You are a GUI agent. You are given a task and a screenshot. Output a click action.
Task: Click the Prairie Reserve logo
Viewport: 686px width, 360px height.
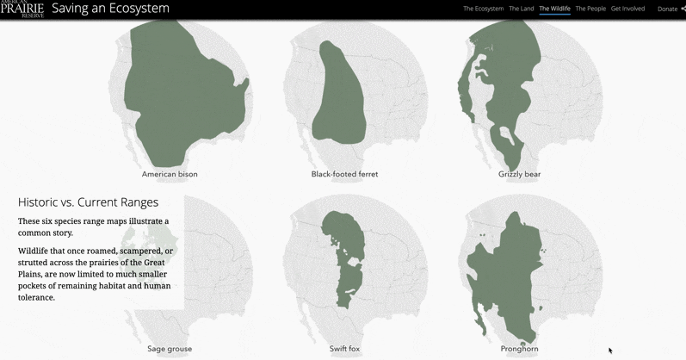pyautogui.click(x=22, y=9)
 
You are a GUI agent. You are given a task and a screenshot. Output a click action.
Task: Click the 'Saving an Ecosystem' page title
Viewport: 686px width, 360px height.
pyautogui.click(x=110, y=9)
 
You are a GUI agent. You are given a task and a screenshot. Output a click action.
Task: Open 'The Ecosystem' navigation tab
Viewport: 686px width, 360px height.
pyautogui.click(x=483, y=9)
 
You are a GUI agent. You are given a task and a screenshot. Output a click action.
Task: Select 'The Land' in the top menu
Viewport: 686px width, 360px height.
pyautogui.click(x=522, y=9)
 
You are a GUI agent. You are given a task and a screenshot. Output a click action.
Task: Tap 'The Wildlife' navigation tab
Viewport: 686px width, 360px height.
pyautogui.click(x=554, y=9)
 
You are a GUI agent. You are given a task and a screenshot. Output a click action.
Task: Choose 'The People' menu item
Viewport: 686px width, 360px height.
pyautogui.click(x=590, y=9)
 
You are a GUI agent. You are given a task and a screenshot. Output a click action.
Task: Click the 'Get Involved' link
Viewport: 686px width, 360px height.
pyautogui.click(x=627, y=9)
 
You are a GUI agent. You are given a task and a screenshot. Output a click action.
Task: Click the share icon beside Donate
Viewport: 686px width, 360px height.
pyautogui.click(x=683, y=9)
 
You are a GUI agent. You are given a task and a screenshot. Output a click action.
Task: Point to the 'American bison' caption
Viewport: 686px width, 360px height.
pyautogui.click(x=170, y=174)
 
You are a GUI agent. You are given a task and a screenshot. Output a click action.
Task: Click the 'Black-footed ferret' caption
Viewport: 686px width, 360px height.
pyautogui.click(x=344, y=174)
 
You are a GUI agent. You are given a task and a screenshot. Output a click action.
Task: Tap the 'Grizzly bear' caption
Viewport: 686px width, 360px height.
pyautogui.click(x=519, y=174)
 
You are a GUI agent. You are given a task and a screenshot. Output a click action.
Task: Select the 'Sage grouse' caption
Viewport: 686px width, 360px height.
pyautogui.click(x=170, y=349)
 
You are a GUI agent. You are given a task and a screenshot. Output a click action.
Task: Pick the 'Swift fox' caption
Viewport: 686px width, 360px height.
pyautogui.click(x=344, y=349)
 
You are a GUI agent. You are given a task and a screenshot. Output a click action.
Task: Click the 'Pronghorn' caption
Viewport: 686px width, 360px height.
pyautogui.click(x=519, y=349)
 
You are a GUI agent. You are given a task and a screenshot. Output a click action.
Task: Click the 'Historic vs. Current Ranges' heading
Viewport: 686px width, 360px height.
pyautogui.click(x=88, y=202)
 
